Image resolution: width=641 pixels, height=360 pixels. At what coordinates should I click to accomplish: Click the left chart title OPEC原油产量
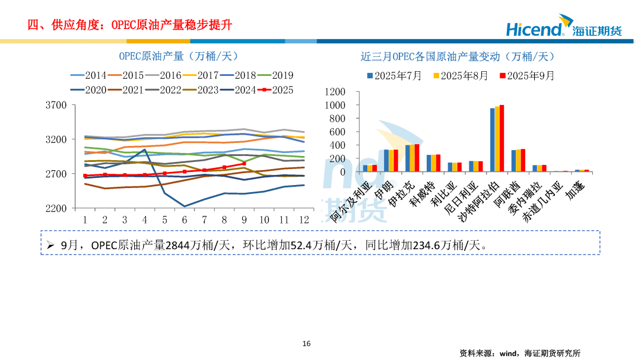pos(178,56)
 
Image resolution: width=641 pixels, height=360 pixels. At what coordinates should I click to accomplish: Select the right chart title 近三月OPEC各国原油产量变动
pos(457,56)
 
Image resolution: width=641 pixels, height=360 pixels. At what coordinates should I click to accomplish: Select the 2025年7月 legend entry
pos(394,76)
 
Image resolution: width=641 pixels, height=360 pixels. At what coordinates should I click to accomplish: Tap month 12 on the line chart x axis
pos(304,219)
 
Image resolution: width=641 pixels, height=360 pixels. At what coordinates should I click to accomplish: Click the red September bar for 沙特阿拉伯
pos(502,138)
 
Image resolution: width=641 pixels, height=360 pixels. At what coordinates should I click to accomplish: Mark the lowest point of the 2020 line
pos(185,206)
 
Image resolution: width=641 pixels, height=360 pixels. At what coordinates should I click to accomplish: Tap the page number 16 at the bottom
pos(306,343)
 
